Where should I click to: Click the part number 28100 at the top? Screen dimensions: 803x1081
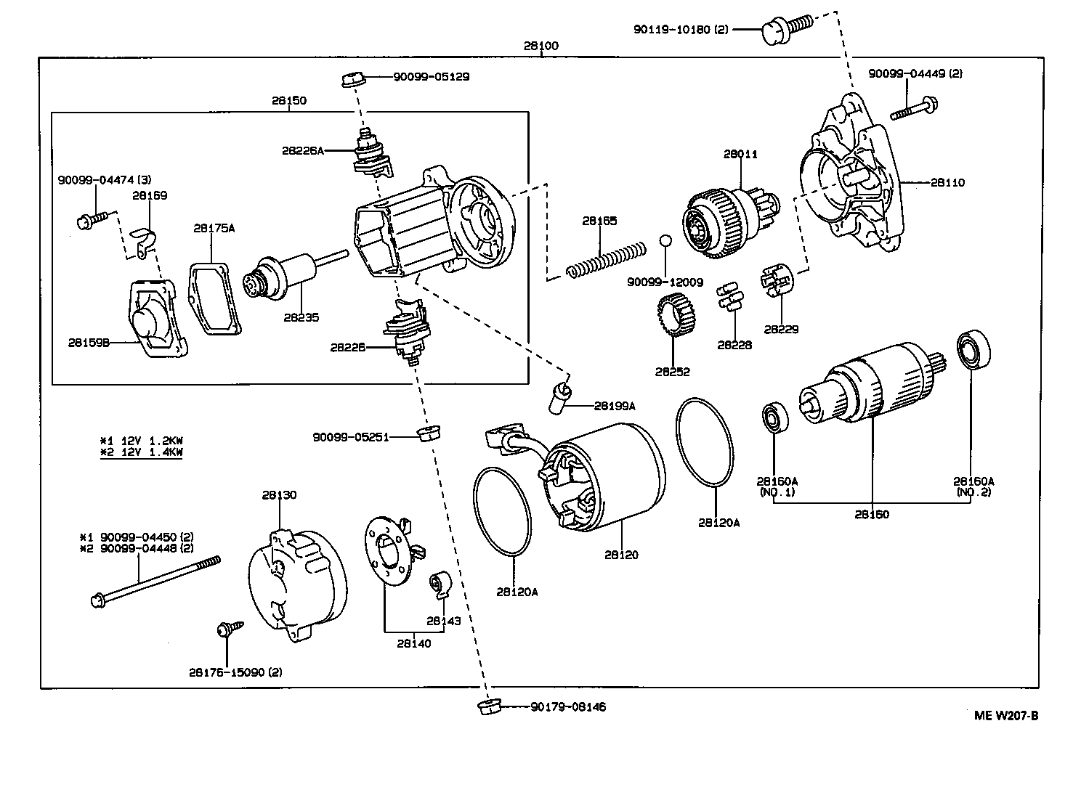541,46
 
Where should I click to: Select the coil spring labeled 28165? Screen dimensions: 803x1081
605,260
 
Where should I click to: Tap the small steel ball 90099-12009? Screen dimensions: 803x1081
665,240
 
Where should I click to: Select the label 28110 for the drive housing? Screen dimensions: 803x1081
947,182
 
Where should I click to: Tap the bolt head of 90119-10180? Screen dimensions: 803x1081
774,30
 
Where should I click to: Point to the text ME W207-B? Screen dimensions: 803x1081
1005,715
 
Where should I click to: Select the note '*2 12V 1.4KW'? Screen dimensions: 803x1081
141,452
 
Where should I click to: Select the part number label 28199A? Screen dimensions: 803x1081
614,406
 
